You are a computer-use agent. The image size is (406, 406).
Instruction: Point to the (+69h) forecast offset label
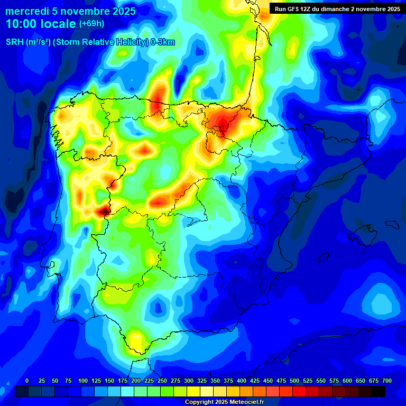(x=91, y=24)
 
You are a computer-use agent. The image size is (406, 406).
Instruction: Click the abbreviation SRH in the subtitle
(x=15, y=43)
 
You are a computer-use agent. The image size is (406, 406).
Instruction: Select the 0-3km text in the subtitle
(x=162, y=43)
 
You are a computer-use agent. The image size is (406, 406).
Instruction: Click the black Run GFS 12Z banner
(x=337, y=8)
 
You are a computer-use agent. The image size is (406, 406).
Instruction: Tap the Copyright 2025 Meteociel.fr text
(x=224, y=402)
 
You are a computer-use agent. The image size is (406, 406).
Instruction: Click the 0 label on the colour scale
(x=27, y=381)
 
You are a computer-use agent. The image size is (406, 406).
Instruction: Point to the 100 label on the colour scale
(x=83, y=381)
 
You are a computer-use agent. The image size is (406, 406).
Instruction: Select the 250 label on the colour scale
(x=162, y=381)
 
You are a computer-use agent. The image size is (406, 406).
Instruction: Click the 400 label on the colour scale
(x=242, y=381)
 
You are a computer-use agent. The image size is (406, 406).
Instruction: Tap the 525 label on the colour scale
(x=308, y=381)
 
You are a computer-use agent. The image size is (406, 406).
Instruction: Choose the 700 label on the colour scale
(x=387, y=381)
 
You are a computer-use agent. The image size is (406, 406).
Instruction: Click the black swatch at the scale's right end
(x=379, y=391)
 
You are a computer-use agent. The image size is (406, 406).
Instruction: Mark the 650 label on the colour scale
(x=361, y=381)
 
